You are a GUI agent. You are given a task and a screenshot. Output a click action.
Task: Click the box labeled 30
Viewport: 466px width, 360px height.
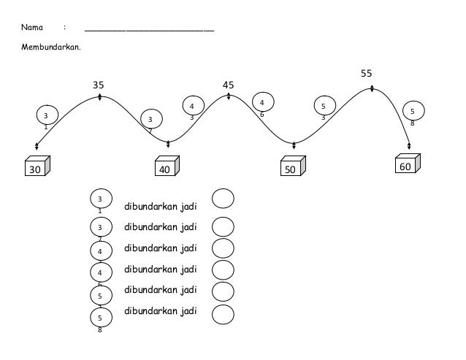[x=35, y=167]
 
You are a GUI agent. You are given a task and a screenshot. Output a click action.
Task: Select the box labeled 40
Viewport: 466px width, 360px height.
[x=166, y=168]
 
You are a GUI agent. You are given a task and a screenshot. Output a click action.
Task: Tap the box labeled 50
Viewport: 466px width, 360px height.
[x=292, y=168]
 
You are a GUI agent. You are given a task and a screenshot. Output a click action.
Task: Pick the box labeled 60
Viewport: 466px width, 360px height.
[x=405, y=166]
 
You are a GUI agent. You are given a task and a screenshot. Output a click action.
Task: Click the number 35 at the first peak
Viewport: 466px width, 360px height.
[x=98, y=85]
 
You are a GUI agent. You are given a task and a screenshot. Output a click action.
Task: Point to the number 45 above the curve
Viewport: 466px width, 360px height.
[x=229, y=85]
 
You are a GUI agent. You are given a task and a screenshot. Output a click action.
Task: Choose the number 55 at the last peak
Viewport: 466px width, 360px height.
[x=367, y=74]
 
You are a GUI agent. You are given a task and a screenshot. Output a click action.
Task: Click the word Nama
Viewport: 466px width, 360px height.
[x=31, y=28]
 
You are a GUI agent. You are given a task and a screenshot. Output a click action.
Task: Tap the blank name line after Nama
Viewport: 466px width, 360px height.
[x=149, y=29]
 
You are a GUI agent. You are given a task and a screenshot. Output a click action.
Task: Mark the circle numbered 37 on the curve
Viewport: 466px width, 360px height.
[x=150, y=119]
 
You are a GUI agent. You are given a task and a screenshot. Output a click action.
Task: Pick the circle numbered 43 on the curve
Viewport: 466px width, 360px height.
[x=192, y=106]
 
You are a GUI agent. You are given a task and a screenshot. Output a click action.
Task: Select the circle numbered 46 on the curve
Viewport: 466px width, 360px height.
[x=262, y=103]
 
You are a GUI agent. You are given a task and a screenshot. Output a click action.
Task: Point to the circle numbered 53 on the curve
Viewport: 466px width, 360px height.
[x=324, y=106]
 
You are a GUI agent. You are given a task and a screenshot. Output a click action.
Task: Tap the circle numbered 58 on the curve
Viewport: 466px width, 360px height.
[x=413, y=111]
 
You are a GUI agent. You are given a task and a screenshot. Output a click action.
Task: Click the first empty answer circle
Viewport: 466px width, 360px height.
[x=223, y=199]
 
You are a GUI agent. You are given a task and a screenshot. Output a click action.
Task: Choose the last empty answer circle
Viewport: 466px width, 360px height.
[x=223, y=314]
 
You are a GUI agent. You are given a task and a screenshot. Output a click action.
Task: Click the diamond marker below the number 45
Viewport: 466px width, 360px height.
[x=229, y=96]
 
